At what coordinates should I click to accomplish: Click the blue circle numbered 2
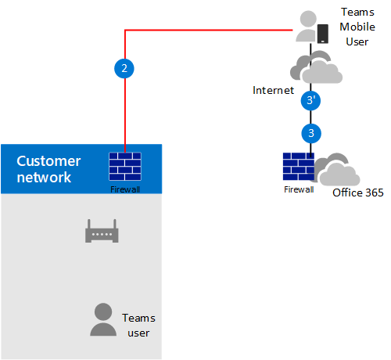coord(124,69)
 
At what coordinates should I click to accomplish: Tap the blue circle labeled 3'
coord(311,101)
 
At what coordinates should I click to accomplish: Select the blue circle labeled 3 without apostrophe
coord(311,133)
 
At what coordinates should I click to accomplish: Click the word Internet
coord(273,91)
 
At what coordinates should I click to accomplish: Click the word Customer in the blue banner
coord(48,161)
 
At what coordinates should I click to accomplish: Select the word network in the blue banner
coord(44,178)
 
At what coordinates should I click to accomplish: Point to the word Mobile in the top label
coord(357,27)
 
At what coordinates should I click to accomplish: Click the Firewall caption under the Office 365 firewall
coord(298,189)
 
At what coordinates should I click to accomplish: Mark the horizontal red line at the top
coord(211,31)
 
